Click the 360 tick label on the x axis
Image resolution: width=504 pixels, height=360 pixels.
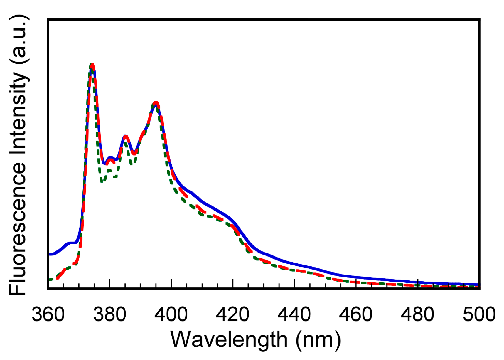[48, 315]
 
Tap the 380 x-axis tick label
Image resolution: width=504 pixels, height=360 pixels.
[109, 315]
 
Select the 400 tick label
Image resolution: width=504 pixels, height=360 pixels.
[171, 315]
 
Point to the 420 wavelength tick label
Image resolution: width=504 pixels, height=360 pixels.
[233, 315]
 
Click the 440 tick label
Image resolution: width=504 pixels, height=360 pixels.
[294, 315]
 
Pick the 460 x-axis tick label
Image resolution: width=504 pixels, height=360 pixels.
[356, 315]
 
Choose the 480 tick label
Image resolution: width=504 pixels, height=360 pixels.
[417, 315]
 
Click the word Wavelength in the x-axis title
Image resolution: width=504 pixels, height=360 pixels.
[229, 340]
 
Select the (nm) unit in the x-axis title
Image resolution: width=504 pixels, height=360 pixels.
[318, 340]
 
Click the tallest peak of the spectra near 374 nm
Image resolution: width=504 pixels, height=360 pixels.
[92, 65]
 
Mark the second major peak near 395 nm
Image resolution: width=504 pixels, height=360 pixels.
[156, 103]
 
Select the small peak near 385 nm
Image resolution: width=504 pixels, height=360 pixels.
[125, 137]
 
